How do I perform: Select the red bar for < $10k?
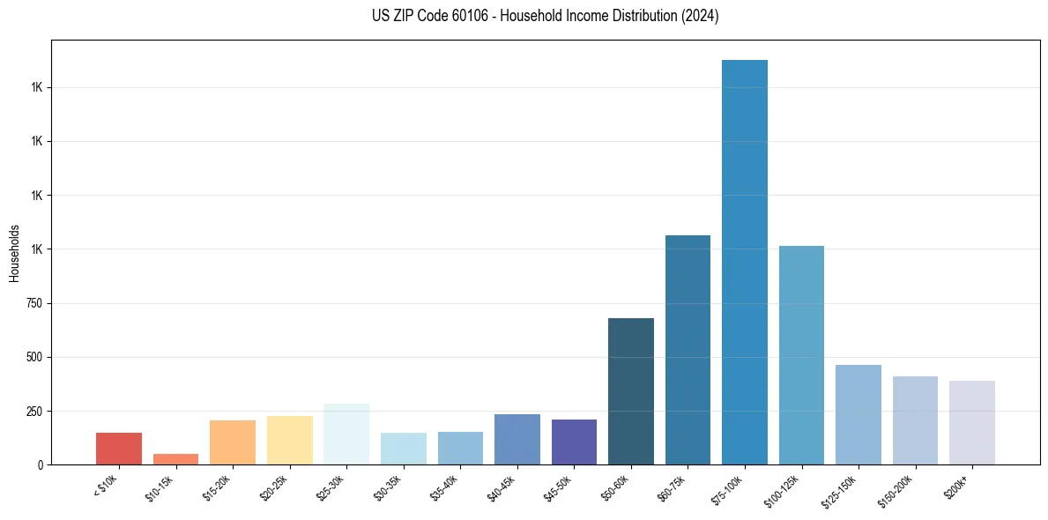click(119, 449)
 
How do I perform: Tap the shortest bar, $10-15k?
click(175, 459)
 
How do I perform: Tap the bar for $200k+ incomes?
click(972, 422)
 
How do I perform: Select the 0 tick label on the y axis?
click(39, 464)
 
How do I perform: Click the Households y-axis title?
click(14, 253)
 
